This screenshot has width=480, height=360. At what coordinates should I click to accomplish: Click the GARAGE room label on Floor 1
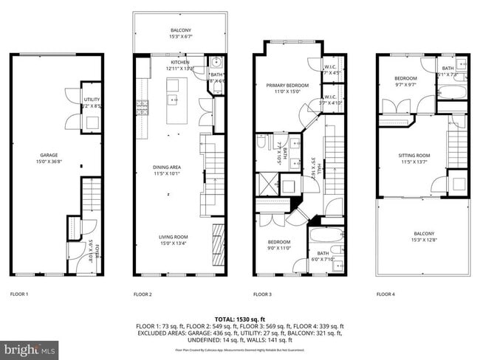coord(49,156)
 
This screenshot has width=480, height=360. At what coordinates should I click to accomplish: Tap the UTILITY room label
coord(92,99)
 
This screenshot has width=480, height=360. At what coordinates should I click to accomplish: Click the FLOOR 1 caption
coord(19,294)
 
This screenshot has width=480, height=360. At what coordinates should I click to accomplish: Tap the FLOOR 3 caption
coord(262,294)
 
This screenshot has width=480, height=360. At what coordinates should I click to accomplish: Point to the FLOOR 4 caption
coord(385,294)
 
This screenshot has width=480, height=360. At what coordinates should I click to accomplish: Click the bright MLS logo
coord(30,347)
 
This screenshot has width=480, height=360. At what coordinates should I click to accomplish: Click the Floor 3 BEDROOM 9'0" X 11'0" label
coord(278,242)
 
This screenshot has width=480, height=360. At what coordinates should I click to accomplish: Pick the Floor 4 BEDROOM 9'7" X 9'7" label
coord(405,79)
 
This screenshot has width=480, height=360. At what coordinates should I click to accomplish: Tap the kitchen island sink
coord(174,98)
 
